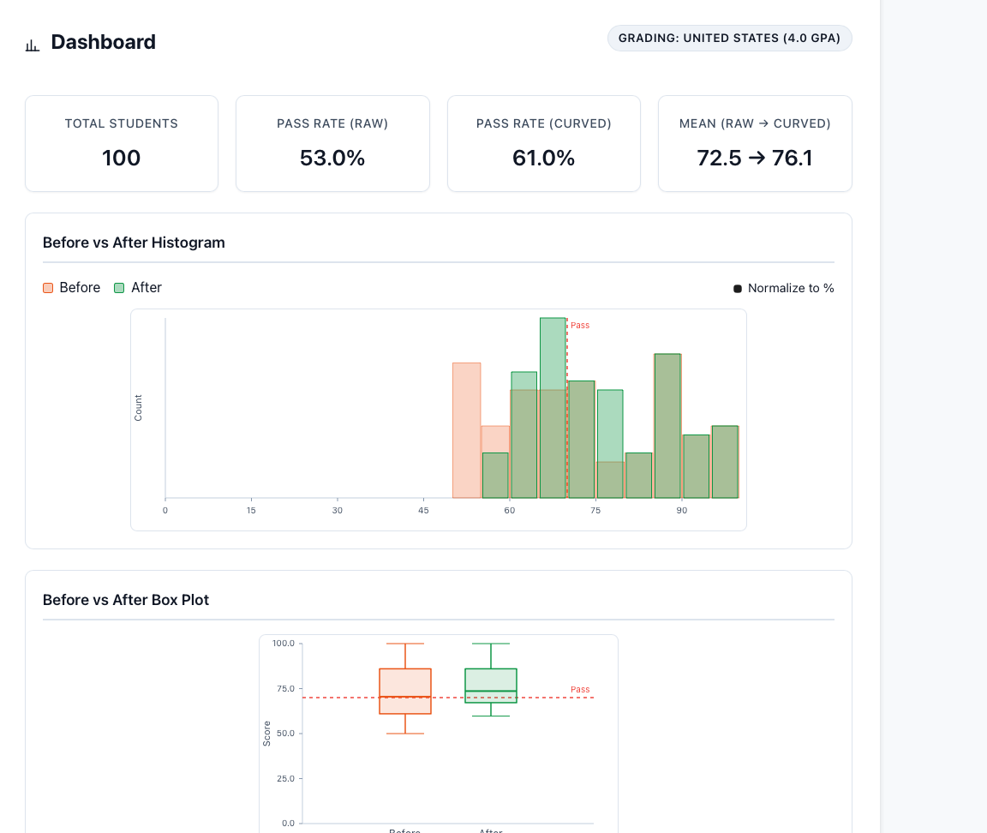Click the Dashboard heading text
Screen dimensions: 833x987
(x=103, y=42)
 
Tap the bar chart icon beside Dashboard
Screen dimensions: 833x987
(x=33, y=45)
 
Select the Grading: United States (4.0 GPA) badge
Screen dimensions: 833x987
(x=729, y=39)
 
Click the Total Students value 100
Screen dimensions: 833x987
(x=121, y=159)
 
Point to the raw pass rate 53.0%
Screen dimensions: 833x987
(x=332, y=159)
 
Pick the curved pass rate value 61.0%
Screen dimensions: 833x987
(x=543, y=159)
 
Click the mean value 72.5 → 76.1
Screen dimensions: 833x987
(x=755, y=159)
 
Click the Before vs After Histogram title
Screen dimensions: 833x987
(x=134, y=243)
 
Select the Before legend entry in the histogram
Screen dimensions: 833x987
(x=72, y=288)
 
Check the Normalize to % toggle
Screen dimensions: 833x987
(x=738, y=289)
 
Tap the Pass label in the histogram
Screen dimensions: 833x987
(x=580, y=326)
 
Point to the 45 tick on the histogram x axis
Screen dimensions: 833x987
(x=423, y=511)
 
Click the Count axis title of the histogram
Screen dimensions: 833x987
(x=139, y=408)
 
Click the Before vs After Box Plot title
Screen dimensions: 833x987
(x=126, y=600)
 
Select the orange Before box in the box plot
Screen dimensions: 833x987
(x=405, y=691)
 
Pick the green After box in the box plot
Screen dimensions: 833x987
(x=491, y=686)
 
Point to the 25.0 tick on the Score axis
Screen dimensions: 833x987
(x=283, y=778)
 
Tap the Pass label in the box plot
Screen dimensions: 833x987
(x=580, y=690)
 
